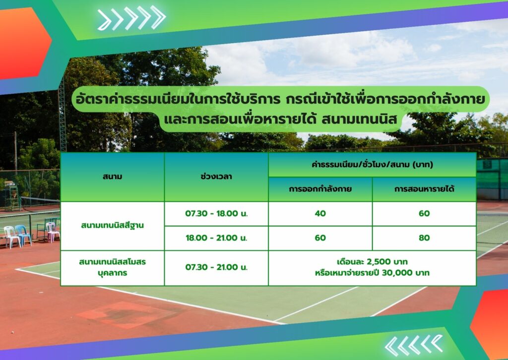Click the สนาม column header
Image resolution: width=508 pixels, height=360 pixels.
click(x=113, y=177)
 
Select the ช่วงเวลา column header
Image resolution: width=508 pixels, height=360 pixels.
click(x=216, y=177)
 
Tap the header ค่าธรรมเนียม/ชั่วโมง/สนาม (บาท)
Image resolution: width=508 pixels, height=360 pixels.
click(x=372, y=165)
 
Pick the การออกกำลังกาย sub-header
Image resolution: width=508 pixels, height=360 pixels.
click(x=320, y=189)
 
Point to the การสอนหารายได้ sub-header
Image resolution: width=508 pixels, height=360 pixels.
click(x=424, y=189)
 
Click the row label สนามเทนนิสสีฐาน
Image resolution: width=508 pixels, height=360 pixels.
click(x=113, y=225)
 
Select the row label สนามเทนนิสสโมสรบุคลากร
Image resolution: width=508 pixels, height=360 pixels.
click(x=113, y=267)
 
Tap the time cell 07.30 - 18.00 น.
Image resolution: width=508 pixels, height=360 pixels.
click(x=216, y=214)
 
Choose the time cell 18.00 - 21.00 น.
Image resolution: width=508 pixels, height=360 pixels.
click(x=216, y=238)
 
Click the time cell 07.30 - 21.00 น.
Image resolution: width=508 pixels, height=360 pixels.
click(x=216, y=267)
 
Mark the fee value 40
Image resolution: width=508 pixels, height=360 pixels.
click(x=320, y=214)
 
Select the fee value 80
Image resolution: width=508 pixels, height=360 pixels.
click(x=424, y=238)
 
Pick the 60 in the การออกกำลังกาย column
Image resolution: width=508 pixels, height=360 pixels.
click(x=320, y=238)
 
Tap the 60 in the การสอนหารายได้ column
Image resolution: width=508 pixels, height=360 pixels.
click(x=424, y=214)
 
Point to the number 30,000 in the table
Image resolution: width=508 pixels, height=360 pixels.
click(x=397, y=273)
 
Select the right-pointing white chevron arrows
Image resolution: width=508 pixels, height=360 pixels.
click(x=131, y=18)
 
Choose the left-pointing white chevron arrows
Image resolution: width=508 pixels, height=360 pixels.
click(x=414, y=346)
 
